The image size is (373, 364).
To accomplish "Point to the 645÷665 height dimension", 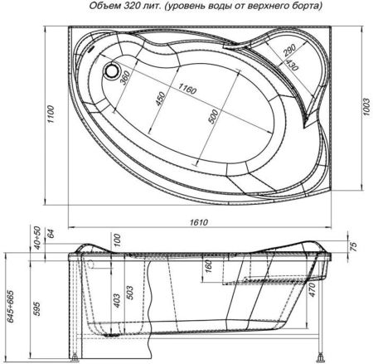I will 9,308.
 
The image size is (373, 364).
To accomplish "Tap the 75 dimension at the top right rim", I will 354,246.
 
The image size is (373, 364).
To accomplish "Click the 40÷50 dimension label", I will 33,237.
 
